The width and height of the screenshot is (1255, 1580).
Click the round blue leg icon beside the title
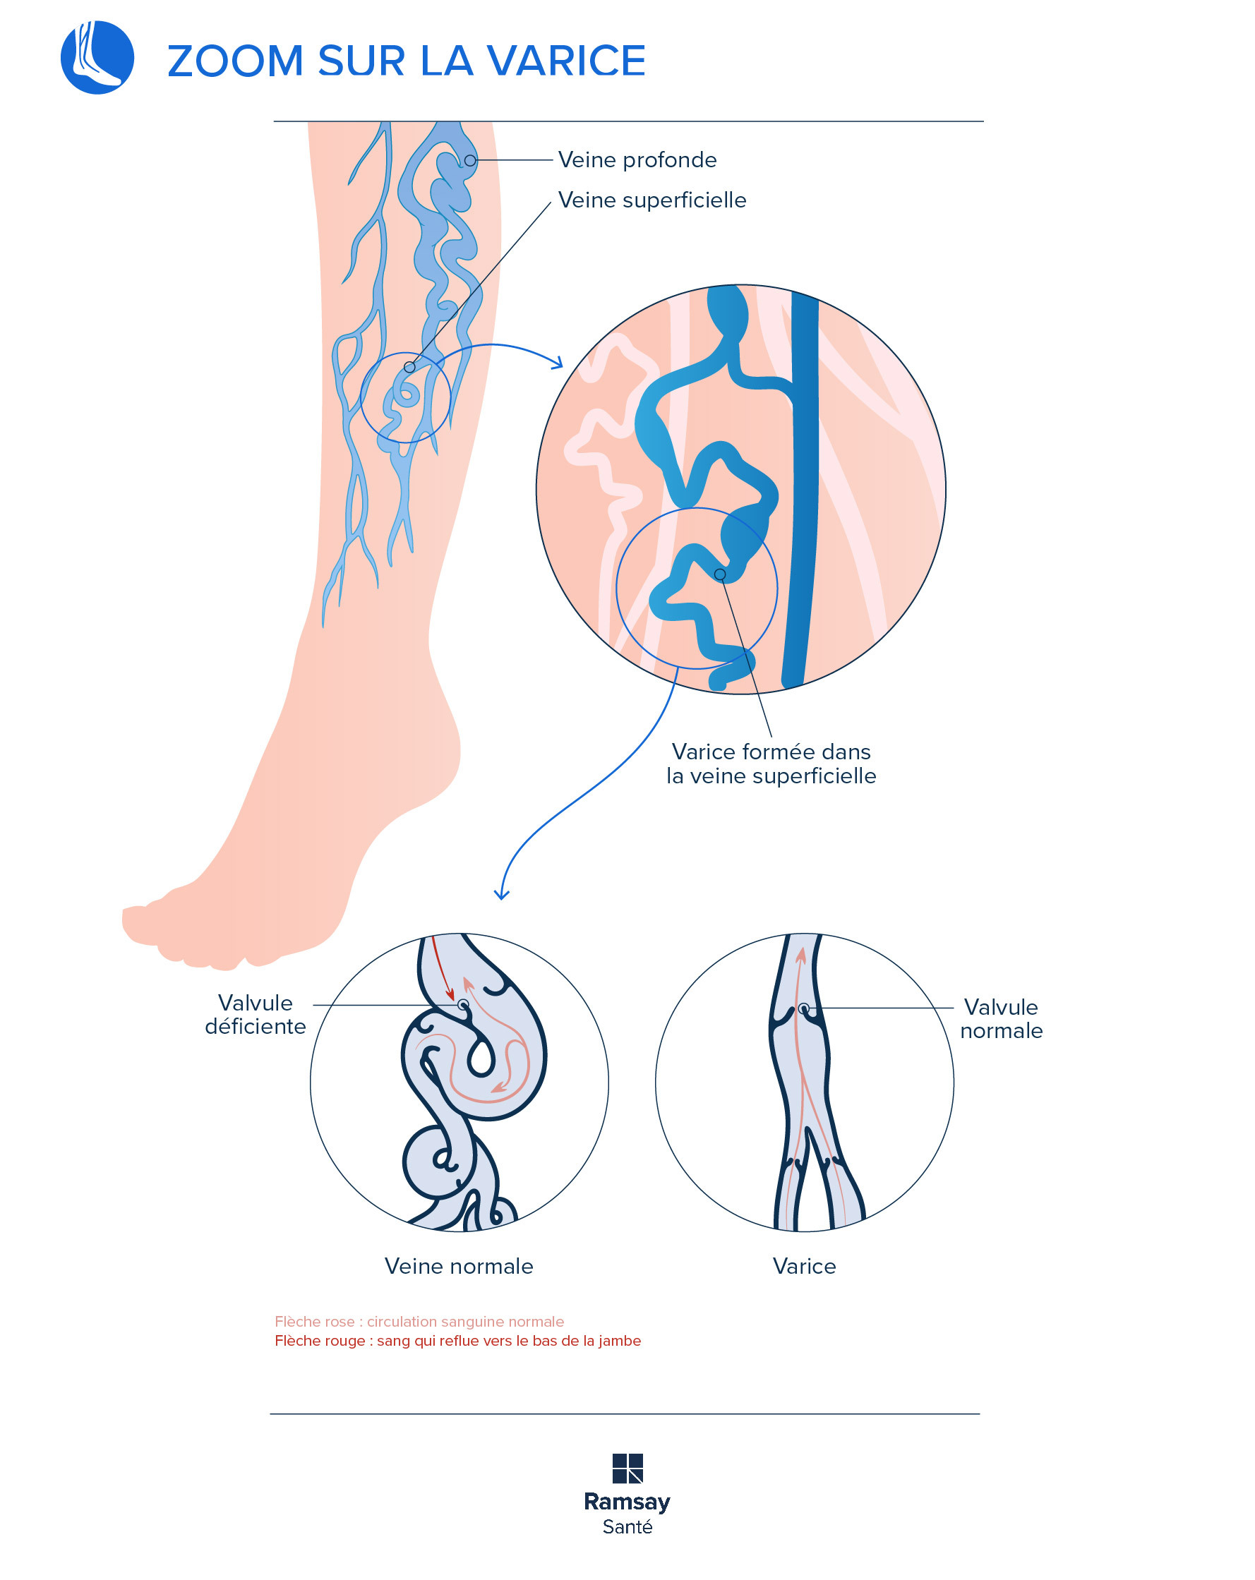[x=97, y=57]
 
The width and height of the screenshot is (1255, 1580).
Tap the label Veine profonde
[x=637, y=159]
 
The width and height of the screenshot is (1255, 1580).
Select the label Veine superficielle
[x=651, y=200]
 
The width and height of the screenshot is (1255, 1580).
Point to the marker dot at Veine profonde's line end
[x=470, y=160]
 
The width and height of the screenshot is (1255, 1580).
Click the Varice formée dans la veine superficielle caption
[x=771, y=764]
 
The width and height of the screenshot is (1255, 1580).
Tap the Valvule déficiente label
[x=255, y=1014]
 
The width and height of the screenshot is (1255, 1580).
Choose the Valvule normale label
[x=1001, y=1019]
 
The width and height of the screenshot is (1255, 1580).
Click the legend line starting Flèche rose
[x=419, y=1321]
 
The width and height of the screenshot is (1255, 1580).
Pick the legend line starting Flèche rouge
[x=457, y=1340]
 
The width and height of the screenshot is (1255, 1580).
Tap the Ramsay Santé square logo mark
[x=627, y=1469]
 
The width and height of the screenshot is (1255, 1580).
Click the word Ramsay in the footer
[x=627, y=1502]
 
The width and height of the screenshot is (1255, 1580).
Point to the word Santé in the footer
[x=627, y=1527]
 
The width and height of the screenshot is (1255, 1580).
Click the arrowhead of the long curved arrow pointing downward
[x=501, y=895]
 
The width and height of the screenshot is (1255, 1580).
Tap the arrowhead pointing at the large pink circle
[x=558, y=363]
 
